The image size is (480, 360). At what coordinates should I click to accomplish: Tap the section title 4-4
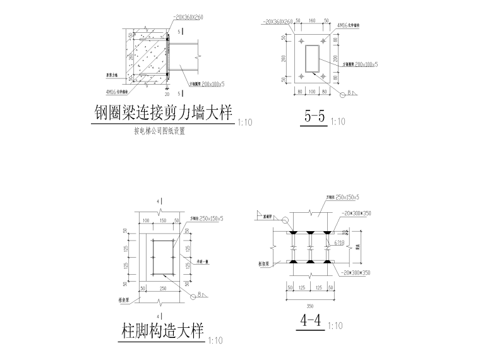pyautogui.click(x=312, y=321)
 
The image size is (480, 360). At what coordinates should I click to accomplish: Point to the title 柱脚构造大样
pyautogui.click(x=162, y=332)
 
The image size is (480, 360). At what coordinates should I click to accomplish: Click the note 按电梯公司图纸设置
pyautogui.click(x=159, y=132)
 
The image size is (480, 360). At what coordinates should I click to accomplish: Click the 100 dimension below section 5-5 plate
pyautogui.click(x=313, y=92)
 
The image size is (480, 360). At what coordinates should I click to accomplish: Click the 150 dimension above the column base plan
pyautogui.click(x=164, y=220)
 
